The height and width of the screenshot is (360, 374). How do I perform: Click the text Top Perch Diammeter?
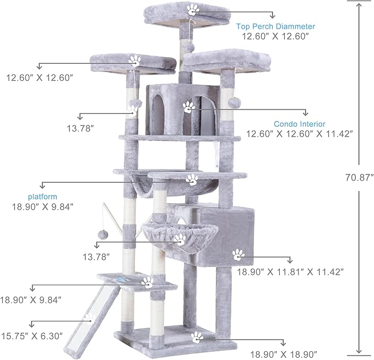pos(275,26)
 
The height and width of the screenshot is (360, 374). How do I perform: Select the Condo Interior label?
pos(300,124)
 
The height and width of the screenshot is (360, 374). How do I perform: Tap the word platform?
pos(42,196)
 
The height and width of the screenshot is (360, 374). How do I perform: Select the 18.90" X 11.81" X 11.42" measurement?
pos(290,271)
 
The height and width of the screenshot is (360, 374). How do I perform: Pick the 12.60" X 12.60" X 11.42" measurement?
pos(300,134)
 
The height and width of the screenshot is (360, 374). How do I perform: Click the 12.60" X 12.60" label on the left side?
pos(40,77)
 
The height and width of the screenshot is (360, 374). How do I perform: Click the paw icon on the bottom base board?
pos(197,337)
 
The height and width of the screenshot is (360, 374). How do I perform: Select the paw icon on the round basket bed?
pos(180,239)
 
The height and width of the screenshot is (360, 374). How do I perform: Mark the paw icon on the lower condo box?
pos(238,254)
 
